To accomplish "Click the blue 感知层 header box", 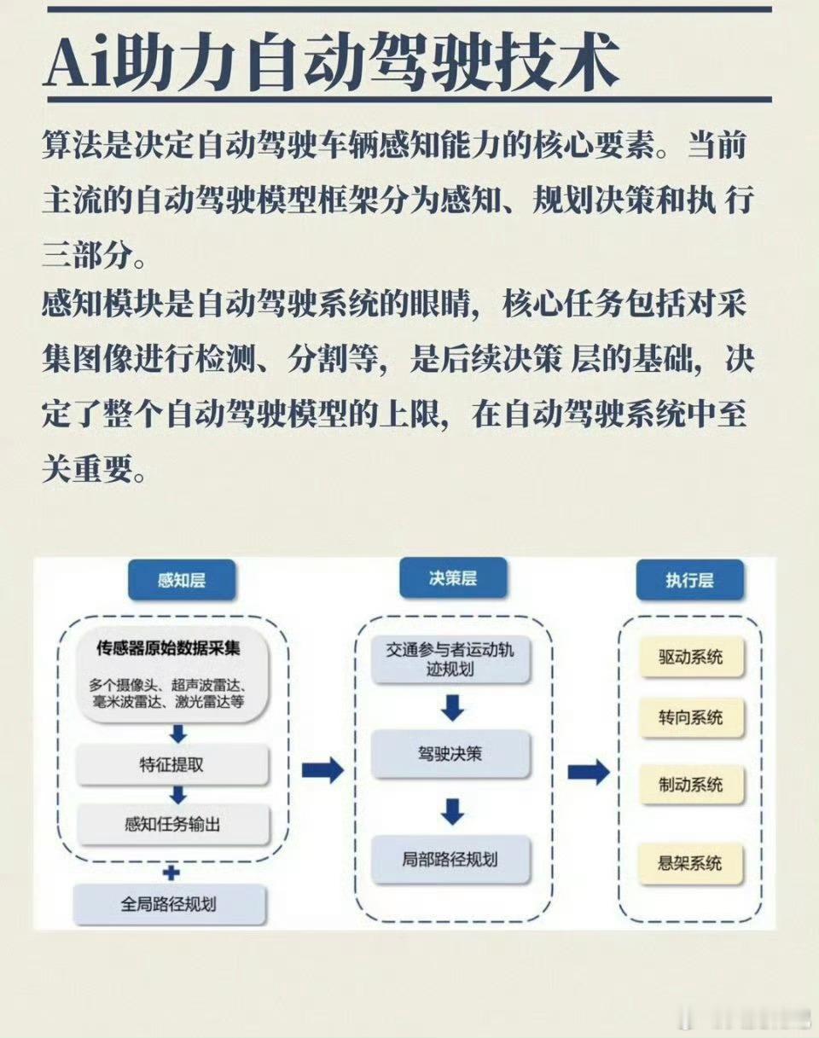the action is point(181,582).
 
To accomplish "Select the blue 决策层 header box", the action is point(452,578).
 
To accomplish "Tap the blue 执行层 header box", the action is point(688,581).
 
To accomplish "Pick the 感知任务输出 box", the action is point(172,825).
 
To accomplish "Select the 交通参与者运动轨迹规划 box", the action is point(450,659).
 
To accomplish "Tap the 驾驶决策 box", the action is point(450,753).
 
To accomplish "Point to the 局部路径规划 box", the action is point(450,859).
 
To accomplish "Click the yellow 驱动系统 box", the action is point(690,657).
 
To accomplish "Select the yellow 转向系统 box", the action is point(690,717).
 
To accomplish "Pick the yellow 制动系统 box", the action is point(690,784).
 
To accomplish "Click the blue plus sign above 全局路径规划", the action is point(171,873).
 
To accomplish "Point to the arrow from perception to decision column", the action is point(322,771).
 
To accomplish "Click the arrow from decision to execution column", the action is point(589,772).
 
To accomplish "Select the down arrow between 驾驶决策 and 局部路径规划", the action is point(452,811).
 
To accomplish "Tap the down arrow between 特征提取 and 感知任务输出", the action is point(177,795).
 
